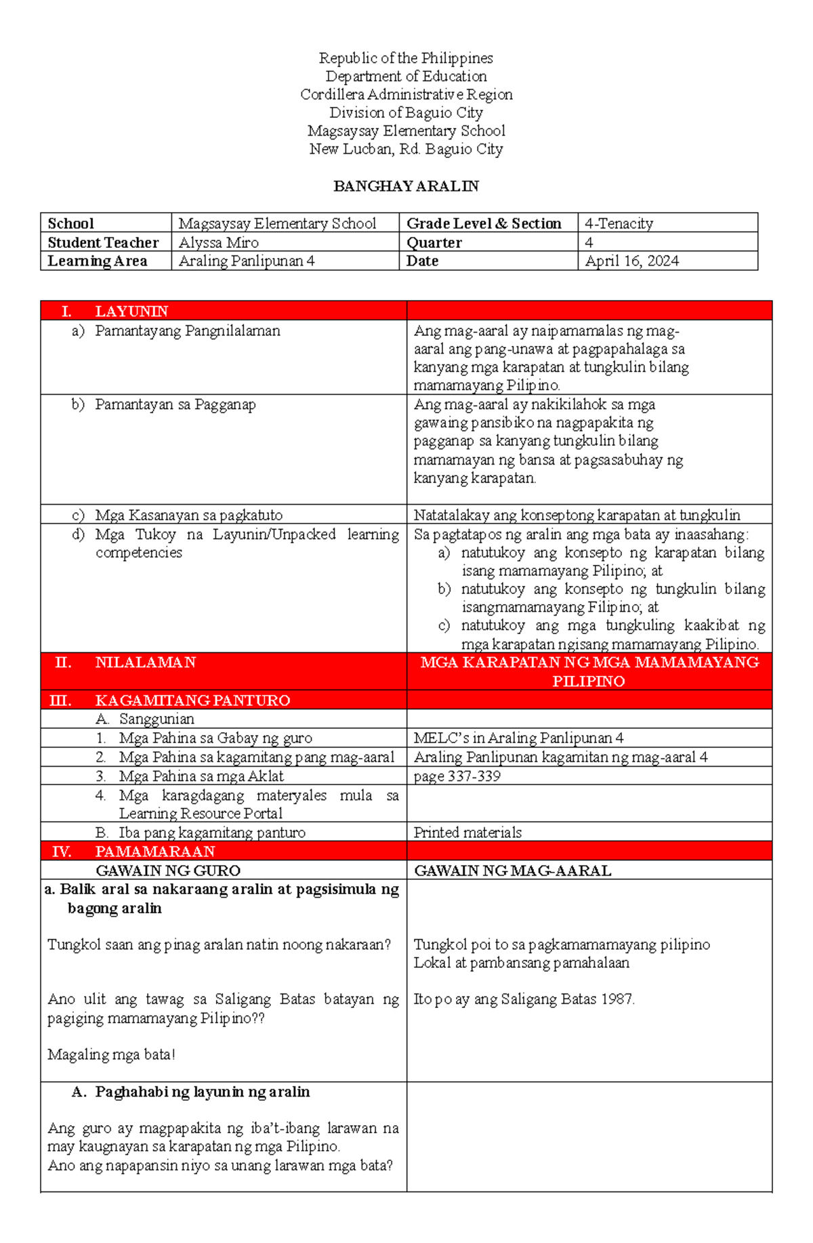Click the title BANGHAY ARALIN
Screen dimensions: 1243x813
pos(406,186)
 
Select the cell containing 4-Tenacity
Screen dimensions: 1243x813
pos(619,224)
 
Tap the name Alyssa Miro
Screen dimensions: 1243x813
pos(218,243)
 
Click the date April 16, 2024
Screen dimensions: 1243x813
pos(631,261)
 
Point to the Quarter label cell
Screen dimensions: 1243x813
pos(434,243)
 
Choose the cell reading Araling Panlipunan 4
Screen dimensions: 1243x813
pos(247,261)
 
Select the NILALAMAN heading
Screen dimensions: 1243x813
pos(145,662)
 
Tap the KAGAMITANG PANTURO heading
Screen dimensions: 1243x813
pos(192,700)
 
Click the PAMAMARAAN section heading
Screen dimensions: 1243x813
pos(155,851)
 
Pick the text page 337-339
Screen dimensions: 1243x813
pos(457,776)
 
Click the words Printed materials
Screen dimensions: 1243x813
pos(467,833)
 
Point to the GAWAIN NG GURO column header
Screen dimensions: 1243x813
pos(168,870)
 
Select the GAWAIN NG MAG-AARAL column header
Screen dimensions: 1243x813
pos(512,870)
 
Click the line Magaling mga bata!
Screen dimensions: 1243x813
pos(111,1055)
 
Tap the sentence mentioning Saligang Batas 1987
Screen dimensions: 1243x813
pos(524,999)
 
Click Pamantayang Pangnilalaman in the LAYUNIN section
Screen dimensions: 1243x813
pos(187,331)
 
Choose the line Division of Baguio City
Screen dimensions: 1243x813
pos(406,112)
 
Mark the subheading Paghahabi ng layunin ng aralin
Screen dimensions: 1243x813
pos(202,1092)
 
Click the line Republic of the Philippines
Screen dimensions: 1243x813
pos(406,58)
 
